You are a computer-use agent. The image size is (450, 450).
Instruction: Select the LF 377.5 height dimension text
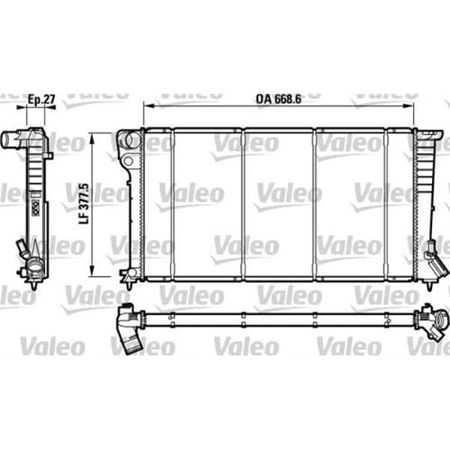pos(84,202)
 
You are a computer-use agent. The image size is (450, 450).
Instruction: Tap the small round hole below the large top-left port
pos(129,161)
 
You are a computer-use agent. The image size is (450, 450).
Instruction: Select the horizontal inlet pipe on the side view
pos(16,139)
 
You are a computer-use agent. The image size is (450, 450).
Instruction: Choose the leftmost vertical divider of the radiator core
pos(172,204)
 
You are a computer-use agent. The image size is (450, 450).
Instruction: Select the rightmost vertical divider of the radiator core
pos(387,204)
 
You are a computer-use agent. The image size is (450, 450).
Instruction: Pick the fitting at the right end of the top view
pos(433,324)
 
